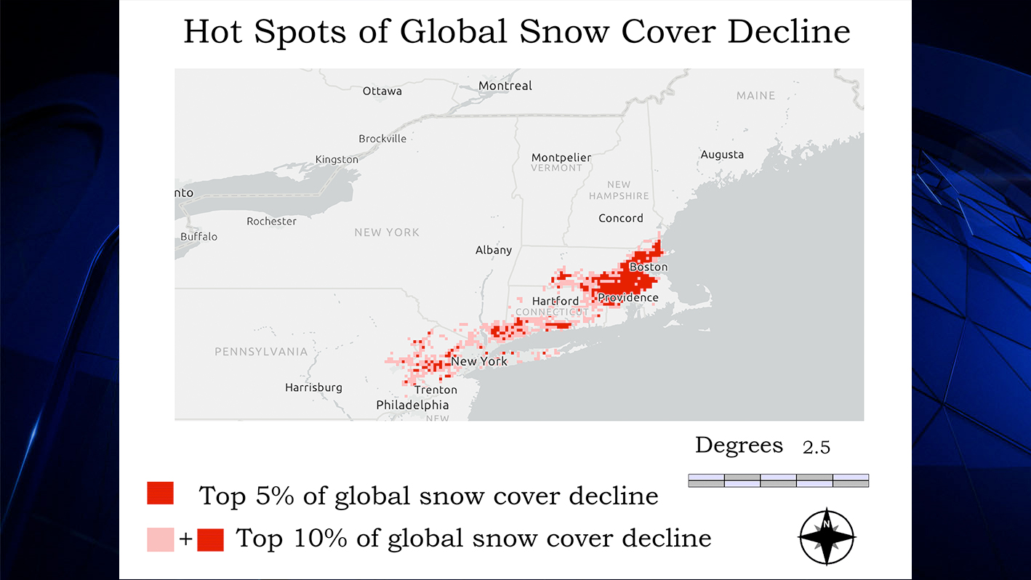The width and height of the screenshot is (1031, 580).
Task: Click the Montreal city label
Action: coord(505,86)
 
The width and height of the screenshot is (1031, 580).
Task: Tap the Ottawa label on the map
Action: coord(382,91)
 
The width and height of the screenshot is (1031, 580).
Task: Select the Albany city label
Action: coord(494,250)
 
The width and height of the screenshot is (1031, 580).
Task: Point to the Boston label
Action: coord(648,267)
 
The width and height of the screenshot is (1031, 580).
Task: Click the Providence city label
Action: coord(627,298)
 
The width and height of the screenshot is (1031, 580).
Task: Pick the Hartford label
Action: coord(555,301)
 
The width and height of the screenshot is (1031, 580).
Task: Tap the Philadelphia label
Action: coord(412,405)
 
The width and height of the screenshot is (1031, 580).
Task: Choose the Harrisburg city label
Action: coord(313,387)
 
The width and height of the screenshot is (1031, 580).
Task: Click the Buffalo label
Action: coord(198,237)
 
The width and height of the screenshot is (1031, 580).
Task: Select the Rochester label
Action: coord(271,221)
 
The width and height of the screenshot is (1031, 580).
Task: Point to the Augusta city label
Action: coord(722,155)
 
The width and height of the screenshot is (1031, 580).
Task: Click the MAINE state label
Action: coord(755,96)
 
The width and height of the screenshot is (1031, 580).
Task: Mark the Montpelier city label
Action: coord(561,158)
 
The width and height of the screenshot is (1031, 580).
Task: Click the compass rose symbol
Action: coord(827,537)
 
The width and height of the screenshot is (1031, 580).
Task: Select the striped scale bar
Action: coord(778,480)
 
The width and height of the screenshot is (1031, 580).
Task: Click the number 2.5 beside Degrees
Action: coord(816,448)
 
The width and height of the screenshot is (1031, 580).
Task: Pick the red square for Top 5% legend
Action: coord(160,493)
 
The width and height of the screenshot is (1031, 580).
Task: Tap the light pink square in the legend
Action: coord(161,539)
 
